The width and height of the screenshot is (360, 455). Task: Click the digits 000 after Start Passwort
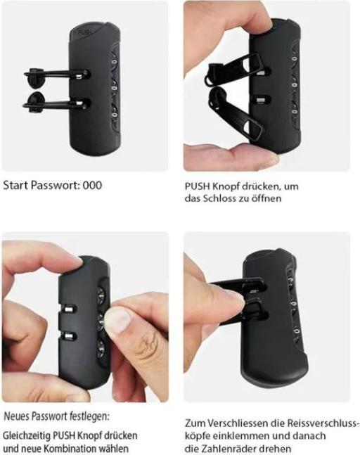[92, 185]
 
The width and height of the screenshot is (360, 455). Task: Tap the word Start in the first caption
[15, 185]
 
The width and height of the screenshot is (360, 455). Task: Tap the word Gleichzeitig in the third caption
[27, 436]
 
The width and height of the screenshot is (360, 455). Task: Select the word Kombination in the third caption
[72, 449]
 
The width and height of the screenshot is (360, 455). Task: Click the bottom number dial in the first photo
[115, 115]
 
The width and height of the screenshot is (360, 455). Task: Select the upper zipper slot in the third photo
[68, 309]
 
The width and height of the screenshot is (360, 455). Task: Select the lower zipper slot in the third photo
[68, 336]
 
